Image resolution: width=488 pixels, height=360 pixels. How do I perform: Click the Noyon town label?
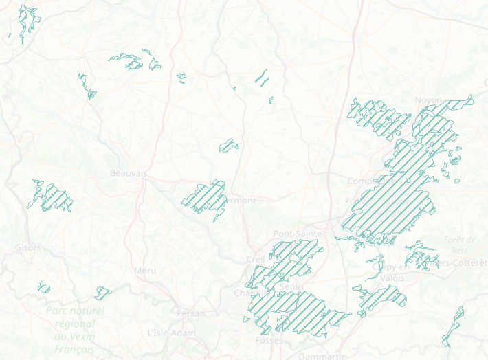428,100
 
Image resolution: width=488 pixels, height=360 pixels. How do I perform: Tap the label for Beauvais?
129,174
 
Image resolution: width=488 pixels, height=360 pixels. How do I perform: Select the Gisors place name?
28,247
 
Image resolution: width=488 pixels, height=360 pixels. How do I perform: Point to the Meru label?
145,271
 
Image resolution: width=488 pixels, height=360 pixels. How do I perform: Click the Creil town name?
255,259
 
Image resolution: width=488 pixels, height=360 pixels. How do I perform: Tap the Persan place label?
190,313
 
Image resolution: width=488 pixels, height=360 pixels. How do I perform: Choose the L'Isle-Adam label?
168,333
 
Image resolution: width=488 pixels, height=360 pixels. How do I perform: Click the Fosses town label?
268,341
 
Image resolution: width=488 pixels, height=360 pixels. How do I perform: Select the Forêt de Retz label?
461,245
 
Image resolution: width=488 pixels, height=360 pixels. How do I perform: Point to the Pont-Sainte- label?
298,234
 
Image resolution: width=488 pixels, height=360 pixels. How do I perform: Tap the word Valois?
392,278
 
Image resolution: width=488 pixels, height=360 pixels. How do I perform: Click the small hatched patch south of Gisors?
44,287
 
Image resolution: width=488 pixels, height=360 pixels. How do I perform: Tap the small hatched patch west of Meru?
103,291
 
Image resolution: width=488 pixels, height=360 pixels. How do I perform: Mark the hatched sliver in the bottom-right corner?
454,326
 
